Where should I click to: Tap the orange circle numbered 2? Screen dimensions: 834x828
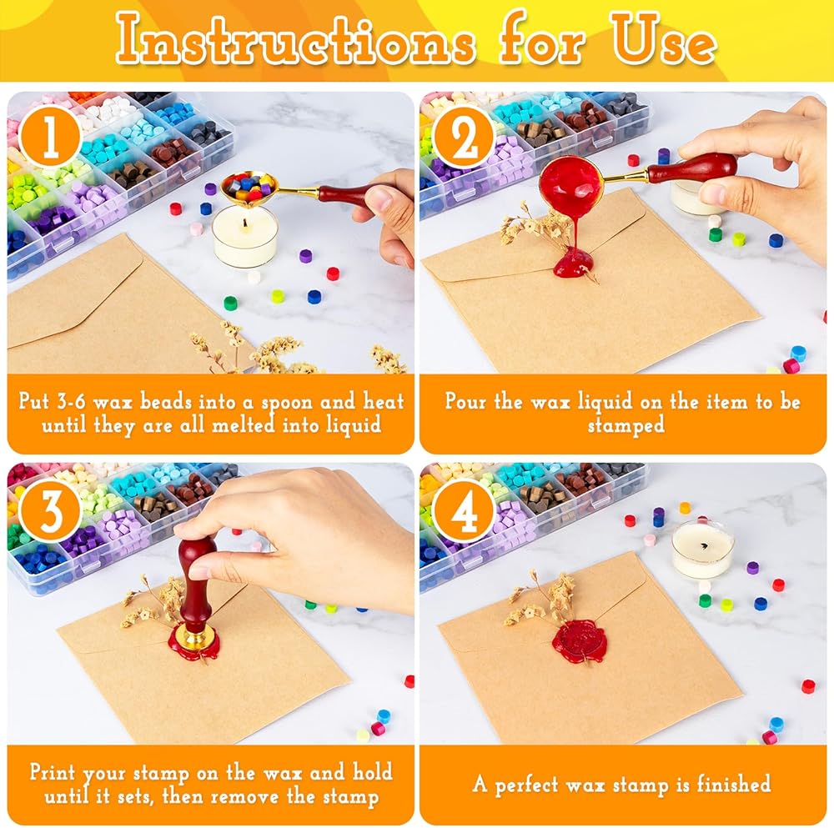pyautogui.click(x=463, y=136)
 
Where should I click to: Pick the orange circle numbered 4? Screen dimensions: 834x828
pyautogui.click(x=463, y=511)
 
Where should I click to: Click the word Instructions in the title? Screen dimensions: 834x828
pyautogui.click(x=294, y=39)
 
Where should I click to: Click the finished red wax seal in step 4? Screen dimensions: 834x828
pyautogui.click(x=580, y=641)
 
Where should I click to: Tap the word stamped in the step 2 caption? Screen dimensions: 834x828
pyautogui.click(x=626, y=425)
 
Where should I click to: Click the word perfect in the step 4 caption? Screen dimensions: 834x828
pyautogui.click(x=526, y=785)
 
